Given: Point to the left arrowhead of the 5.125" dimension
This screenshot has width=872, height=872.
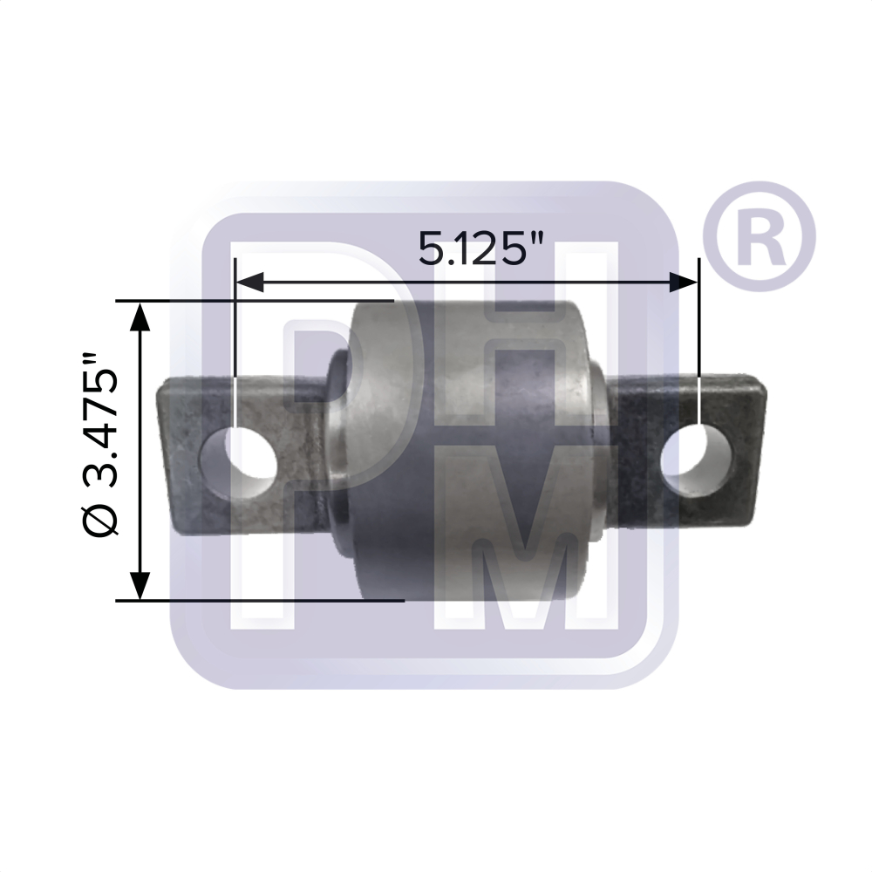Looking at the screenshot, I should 249,282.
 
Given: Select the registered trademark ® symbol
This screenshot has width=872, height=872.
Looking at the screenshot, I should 757,237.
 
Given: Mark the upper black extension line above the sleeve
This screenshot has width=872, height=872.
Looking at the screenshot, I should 262,301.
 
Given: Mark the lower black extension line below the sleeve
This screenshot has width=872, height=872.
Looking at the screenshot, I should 262,600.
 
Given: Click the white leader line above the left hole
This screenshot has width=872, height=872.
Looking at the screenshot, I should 235,349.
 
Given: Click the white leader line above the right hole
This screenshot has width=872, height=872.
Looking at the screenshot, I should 700,349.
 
